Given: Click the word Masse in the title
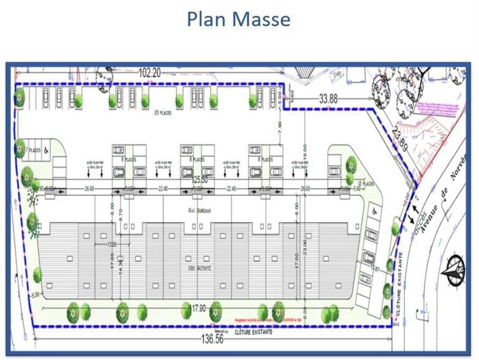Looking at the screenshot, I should (x=260, y=19).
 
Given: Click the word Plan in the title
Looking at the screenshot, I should (x=207, y=19).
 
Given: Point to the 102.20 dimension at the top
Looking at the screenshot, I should (x=149, y=72).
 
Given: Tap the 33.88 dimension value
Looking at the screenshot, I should (x=328, y=97).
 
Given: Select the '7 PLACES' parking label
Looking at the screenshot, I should (x=33, y=149).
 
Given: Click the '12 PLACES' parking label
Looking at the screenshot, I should (x=367, y=183).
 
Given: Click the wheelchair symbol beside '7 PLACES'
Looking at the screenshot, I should (x=47, y=149).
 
